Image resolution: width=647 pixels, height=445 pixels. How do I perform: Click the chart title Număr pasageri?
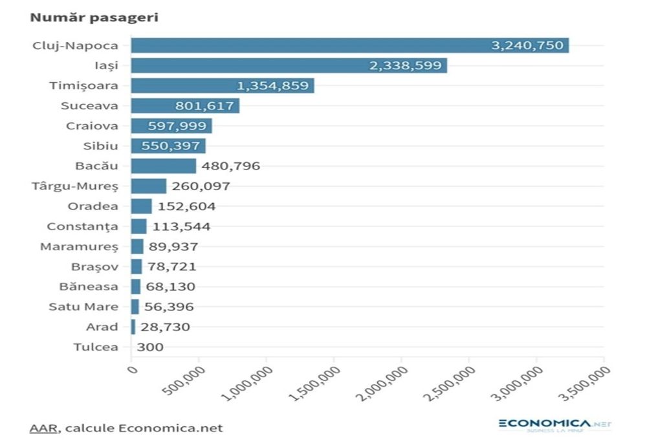tap(94, 17)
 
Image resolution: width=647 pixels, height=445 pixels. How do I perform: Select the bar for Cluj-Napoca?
tap(349, 45)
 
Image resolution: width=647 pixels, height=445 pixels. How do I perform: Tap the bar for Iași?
tap(289, 65)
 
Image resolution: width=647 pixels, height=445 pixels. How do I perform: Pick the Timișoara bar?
tap(222, 85)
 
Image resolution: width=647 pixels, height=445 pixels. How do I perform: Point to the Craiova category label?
tap(92, 126)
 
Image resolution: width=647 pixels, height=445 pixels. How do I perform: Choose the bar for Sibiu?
tap(168, 146)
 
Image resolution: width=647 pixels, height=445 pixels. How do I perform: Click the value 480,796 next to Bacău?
tap(230, 166)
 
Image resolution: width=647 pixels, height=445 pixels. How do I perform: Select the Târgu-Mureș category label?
tap(75, 186)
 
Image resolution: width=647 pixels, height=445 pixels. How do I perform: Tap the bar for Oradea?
tap(141, 206)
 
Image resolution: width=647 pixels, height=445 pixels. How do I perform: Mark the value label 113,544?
tap(181, 226)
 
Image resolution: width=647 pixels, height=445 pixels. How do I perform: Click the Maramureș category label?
tap(79, 246)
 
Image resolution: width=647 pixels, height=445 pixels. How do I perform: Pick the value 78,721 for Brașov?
tap(171, 266)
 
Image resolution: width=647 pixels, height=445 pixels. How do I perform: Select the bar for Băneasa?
tap(135, 287)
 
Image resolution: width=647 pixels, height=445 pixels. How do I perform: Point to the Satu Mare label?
tap(83, 307)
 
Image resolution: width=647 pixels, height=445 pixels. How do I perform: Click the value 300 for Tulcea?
tap(150, 347)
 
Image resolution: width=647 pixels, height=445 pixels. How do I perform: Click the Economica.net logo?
tap(554, 425)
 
